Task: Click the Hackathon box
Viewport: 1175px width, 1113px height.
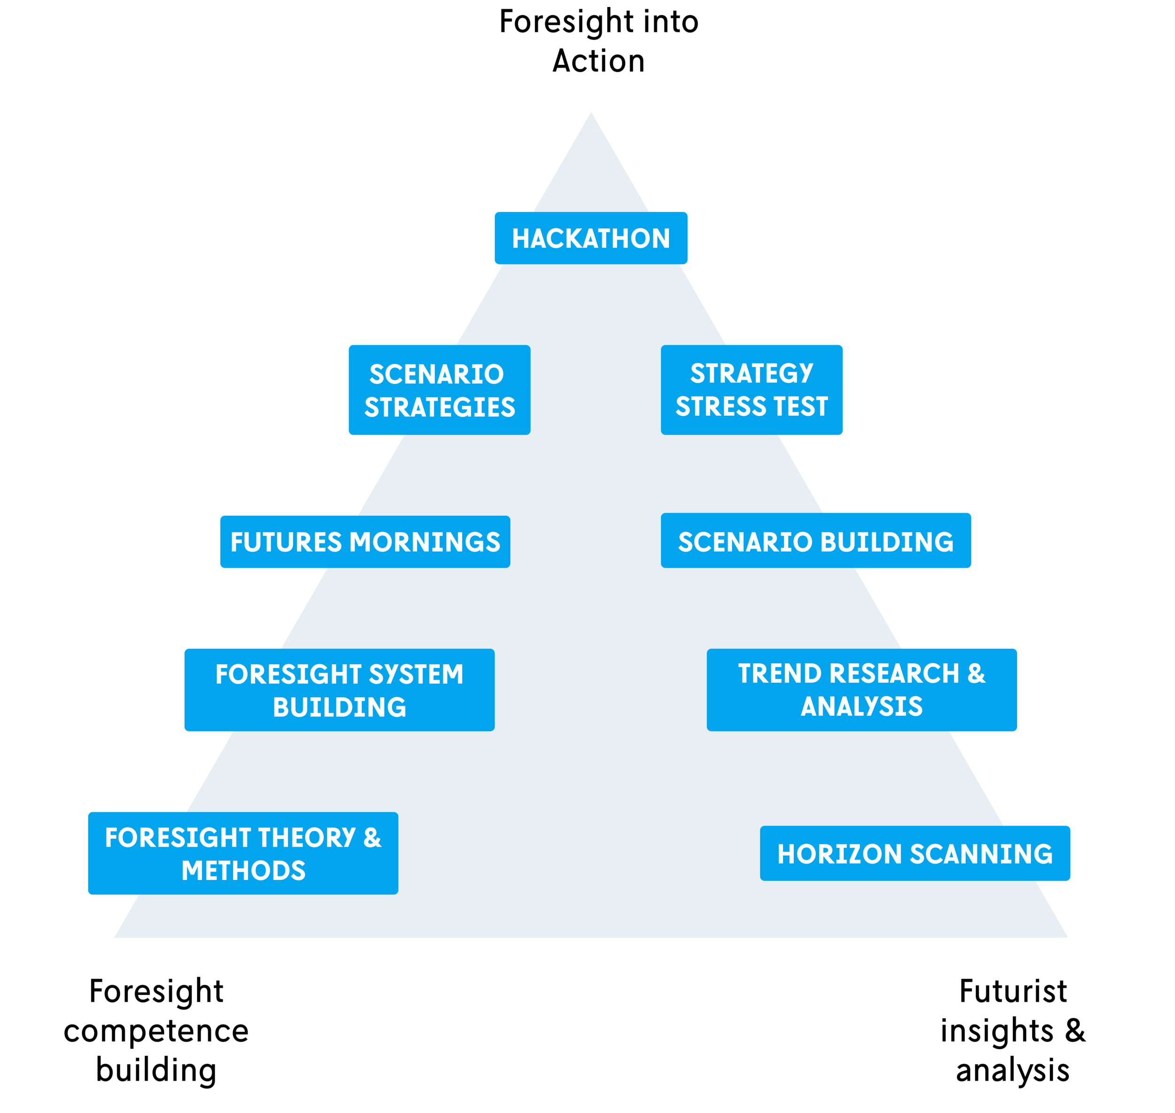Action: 591,238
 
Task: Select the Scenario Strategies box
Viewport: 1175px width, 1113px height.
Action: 439,390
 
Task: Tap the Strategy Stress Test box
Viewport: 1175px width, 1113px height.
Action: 752,390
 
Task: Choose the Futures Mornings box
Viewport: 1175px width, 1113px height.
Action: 365,542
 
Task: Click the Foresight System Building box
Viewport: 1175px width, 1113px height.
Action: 339,690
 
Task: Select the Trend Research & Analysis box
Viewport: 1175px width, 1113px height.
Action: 862,690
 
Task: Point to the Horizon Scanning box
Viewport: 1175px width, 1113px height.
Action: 915,853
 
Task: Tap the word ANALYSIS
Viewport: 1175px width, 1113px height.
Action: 862,707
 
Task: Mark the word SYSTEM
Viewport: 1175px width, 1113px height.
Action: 415,675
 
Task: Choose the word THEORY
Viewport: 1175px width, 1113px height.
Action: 307,838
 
